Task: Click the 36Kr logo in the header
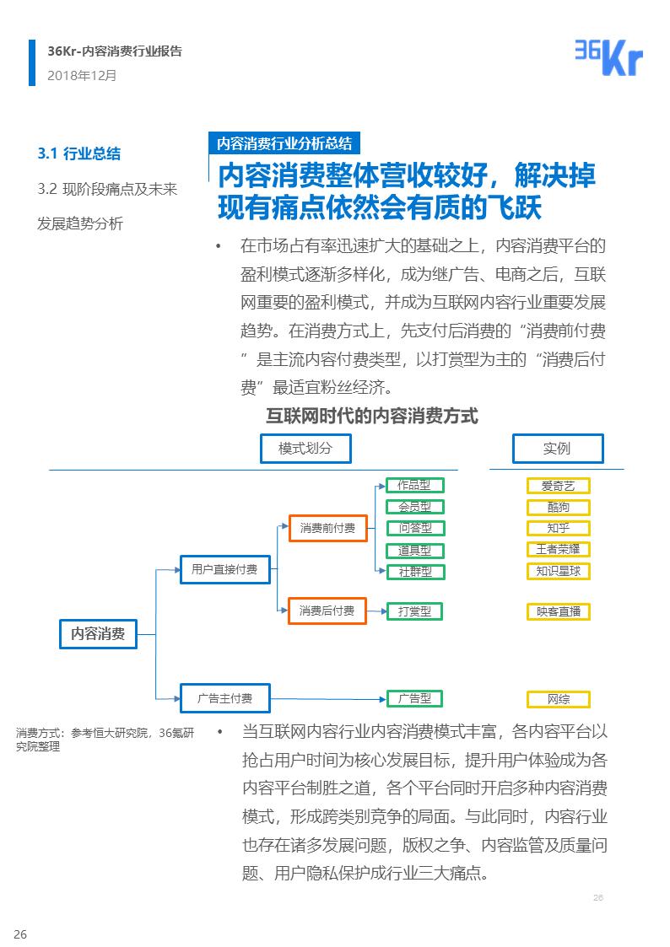click(608, 57)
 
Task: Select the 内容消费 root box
click(98, 634)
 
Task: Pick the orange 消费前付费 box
click(327, 529)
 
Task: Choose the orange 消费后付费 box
click(327, 611)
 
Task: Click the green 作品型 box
click(414, 486)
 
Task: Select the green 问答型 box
click(414, 529)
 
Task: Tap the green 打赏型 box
click(414, 611)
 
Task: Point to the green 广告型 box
click(414, 698)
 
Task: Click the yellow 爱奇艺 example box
click(558, 486)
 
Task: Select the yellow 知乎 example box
click(558, 529)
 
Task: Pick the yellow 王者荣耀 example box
click(558, 550)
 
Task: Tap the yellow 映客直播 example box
click(558, 611)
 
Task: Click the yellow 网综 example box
click(558, 699)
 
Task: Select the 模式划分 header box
click(305, 449)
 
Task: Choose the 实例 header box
click(558, 449)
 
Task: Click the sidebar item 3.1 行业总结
click(79, 153)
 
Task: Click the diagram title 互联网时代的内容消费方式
click(372, 416)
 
